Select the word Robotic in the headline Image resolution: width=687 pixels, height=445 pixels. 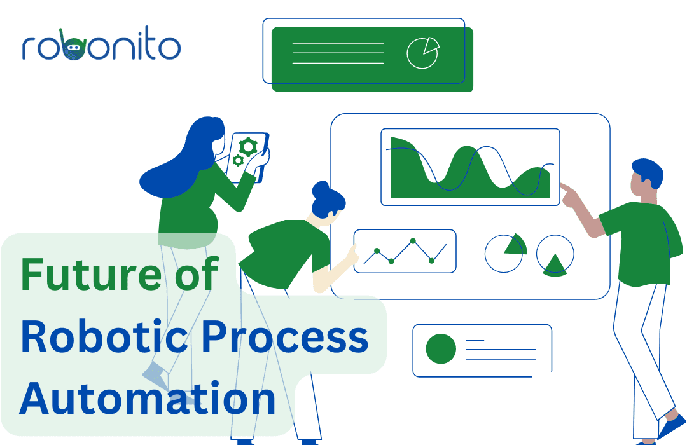tap(104, 337)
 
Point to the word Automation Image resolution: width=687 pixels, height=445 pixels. tap(148, 398)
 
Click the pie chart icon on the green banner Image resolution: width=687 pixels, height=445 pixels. tap(423, 53)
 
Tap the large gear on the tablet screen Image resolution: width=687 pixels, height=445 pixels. tap(248, 147)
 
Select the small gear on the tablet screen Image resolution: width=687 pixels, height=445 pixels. tap(238, 161)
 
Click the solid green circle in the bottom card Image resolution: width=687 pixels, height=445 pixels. tap(441, 348)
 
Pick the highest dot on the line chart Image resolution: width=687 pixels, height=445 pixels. tap(413, 241)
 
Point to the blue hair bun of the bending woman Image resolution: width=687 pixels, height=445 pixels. tap(321, 189)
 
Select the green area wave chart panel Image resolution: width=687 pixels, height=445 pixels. tap(470, 167)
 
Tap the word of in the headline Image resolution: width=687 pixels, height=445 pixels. tap(197, 273)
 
